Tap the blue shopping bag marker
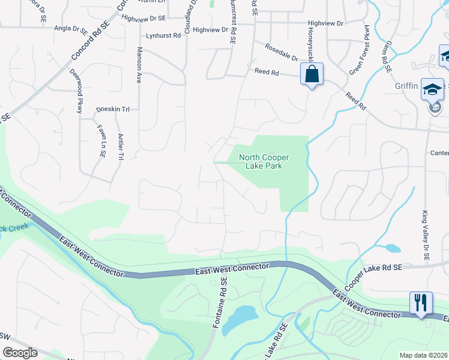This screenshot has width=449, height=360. pos(312,75)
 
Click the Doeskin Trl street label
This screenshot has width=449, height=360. pos(113,110)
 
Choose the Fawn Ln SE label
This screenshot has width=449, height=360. pos(100,137)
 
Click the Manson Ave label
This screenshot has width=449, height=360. pos(139,65)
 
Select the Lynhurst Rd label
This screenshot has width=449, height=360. pos(163,36)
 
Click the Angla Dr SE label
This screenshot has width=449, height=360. pos(71,28)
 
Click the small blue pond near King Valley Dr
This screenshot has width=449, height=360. pos(393,248)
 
